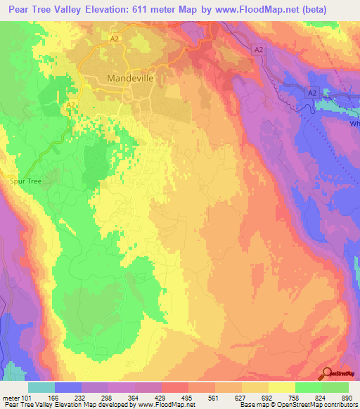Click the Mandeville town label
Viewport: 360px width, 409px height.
pyautogui.click(x=130, y=79)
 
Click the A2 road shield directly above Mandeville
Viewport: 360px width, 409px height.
pyautogui.click(x=114, y=40)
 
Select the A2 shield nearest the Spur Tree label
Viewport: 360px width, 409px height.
pyautogui.click(x=70, y=105)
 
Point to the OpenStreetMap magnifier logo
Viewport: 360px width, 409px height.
pyautogui.click(x=328, y=375)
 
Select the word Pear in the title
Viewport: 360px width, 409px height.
pyautogui.click(x=16, y=8)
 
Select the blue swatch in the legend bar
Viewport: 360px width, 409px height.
pyautogui.click(x=68, y=387)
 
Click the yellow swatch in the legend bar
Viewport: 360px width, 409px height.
pyautogui.click(x=282, y=387)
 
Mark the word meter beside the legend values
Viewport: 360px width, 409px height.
pyautogui.click(x=10, y=397)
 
